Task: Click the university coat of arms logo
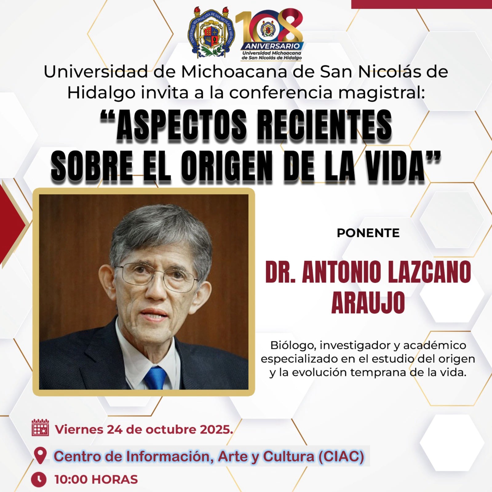coord(211,33)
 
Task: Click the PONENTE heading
coord(368,233)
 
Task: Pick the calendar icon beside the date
coord(40,427)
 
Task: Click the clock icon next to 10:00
coord(39,479)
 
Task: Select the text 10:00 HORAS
coord(96,479)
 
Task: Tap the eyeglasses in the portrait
coord(157,276)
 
